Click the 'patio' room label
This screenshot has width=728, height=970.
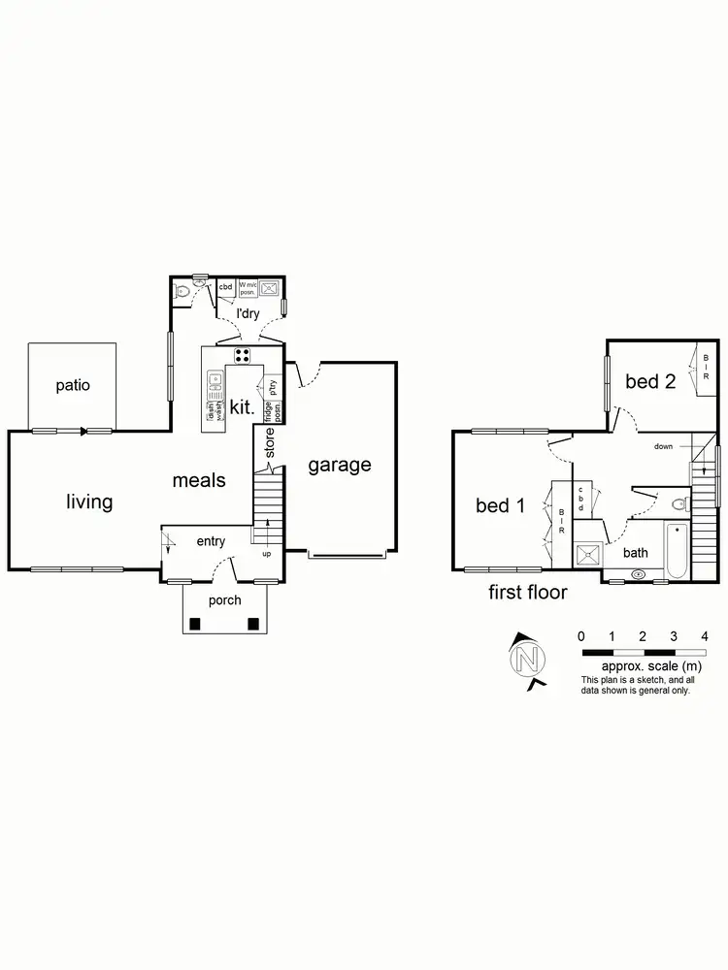73,385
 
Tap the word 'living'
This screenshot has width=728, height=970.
89,501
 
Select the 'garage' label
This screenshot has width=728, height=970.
340,465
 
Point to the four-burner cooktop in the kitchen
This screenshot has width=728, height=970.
243,355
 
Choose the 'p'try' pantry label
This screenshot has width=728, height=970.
274,385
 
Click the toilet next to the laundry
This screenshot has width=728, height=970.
181,290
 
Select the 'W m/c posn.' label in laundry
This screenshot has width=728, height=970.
247,287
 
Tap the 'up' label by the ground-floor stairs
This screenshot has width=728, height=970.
266,554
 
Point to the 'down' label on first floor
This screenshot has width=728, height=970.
663,447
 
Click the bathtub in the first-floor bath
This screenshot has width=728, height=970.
677,550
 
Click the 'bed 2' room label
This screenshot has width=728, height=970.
650,381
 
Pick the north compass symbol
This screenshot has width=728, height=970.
528,661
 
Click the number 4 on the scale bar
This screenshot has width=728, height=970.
704,635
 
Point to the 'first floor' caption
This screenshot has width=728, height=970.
527,592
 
